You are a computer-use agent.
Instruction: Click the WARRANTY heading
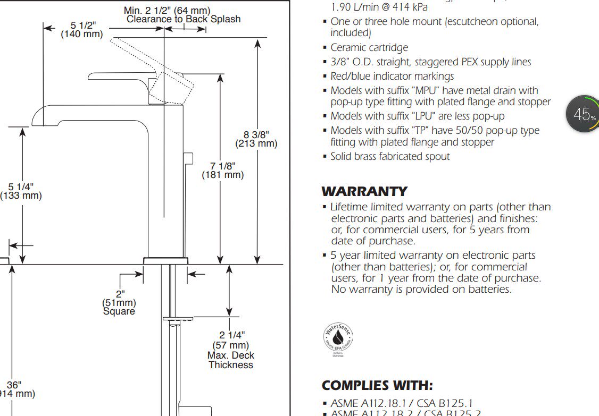click(x=364, y=191)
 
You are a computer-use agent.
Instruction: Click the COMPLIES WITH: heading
click(x=377, y=385)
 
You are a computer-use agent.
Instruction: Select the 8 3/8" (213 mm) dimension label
click(x=256, y=139)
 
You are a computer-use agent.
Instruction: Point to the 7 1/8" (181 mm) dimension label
click(x=222, y=170)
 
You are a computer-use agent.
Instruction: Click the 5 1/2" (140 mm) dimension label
click(x=82, y=30)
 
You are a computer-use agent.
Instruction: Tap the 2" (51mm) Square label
click(x=119, y=302)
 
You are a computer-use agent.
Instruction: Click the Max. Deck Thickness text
click(x=231, y=360)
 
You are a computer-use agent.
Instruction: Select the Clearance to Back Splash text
click(x=184, y=19)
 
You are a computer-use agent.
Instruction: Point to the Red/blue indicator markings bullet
click(x=392, y=77)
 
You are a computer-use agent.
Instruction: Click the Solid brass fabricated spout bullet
click(x=390, y=157)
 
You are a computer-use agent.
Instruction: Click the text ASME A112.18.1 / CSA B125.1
click(x=401, y=404)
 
